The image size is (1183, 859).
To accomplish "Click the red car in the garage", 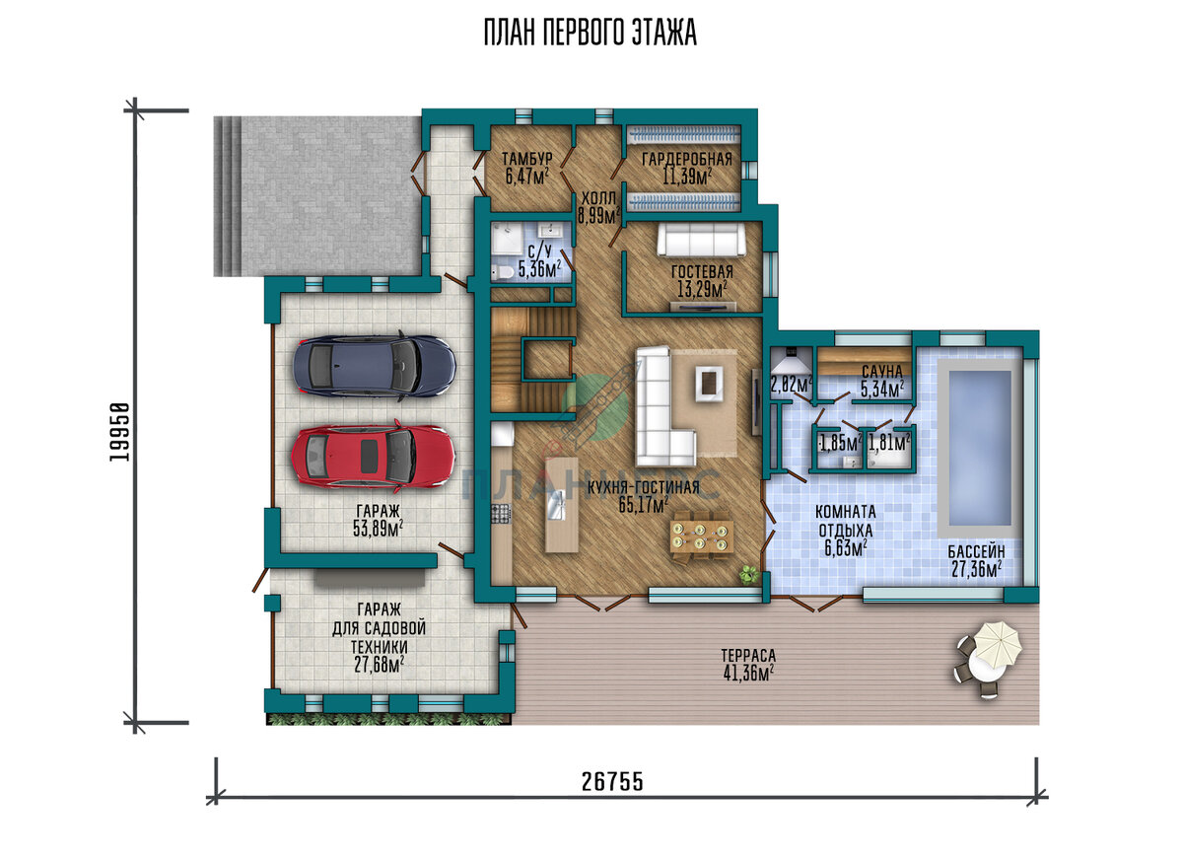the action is tap(374, 456).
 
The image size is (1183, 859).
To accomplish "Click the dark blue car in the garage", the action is tap(375, 366).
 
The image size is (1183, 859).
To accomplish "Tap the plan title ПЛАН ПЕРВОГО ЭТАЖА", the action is tap(590, 33).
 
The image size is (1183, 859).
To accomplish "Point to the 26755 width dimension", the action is tap(612, 782).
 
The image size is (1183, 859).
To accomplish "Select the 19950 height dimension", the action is tap(119, 432).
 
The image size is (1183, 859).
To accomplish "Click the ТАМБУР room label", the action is tap(527, 158).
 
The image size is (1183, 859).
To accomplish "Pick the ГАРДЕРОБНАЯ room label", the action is tap(687, 159).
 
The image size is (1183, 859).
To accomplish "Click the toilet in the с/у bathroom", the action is tap(502, 272).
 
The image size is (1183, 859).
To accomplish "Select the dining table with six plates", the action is tap(701, 536).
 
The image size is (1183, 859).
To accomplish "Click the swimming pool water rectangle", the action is tap(980, 448).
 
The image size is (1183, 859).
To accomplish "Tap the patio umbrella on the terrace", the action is tap(998, 647).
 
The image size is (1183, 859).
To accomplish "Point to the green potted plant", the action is tap(748, 573).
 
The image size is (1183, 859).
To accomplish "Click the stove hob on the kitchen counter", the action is tap(501, 514).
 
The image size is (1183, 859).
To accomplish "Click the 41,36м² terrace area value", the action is tap(748, 673).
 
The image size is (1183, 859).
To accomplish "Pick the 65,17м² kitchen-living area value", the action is tap(644, 505).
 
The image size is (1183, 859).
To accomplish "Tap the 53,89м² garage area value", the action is tap(379, 529).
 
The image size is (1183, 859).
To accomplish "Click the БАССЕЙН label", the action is tap(977, 551).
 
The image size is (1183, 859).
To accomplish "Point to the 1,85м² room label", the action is tap(841, 443).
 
